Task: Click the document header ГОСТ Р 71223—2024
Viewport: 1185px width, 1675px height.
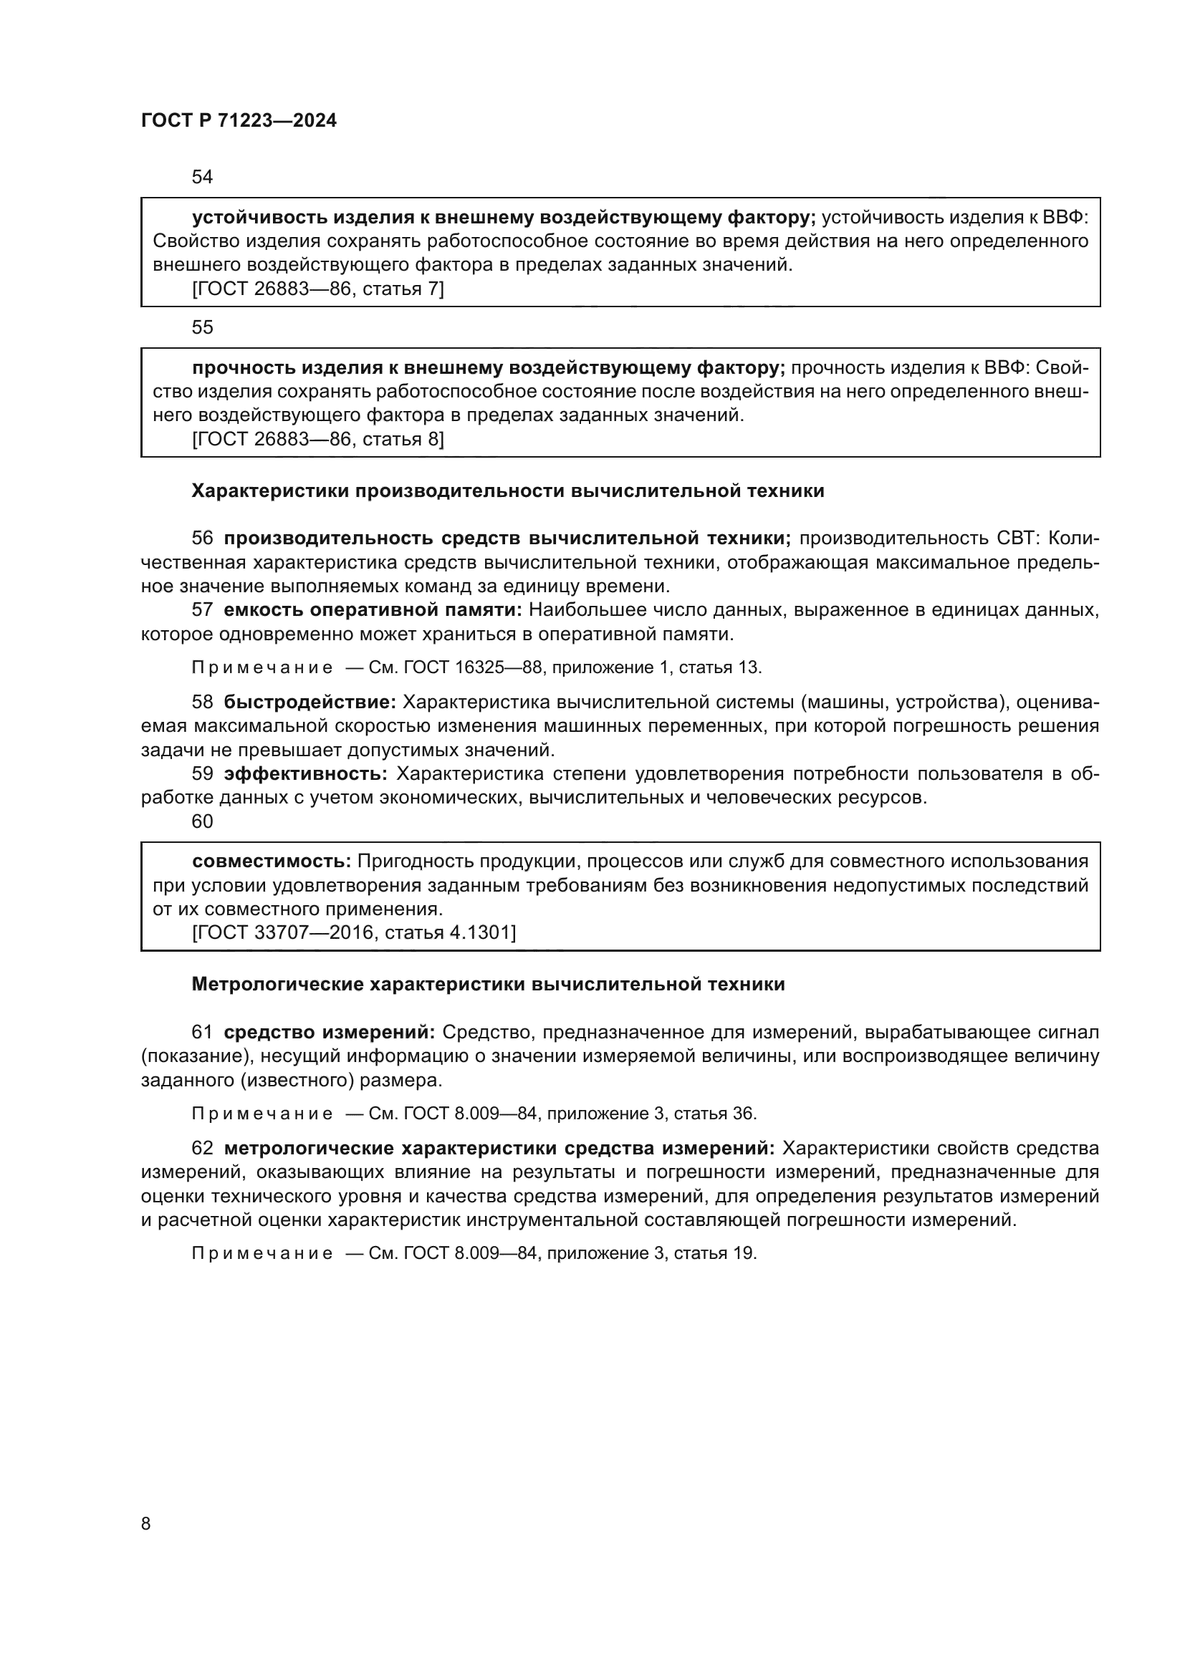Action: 239,121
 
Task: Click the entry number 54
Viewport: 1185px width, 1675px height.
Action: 202,177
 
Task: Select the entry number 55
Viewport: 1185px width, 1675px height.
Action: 202,327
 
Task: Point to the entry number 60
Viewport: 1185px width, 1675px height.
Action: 202,821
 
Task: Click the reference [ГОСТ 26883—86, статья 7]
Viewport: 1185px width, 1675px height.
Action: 317,289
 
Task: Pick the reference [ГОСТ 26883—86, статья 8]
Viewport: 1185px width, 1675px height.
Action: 317,439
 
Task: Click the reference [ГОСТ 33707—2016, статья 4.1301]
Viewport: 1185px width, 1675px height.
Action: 354,932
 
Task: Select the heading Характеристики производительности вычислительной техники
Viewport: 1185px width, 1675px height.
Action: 508,491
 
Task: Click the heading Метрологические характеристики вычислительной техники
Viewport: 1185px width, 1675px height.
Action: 488,984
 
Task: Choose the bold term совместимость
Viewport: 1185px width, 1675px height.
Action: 272,861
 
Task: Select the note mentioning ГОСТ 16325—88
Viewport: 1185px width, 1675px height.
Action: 476,667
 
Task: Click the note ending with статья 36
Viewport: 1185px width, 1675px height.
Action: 474,1114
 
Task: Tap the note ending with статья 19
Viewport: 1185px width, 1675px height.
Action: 474,1252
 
